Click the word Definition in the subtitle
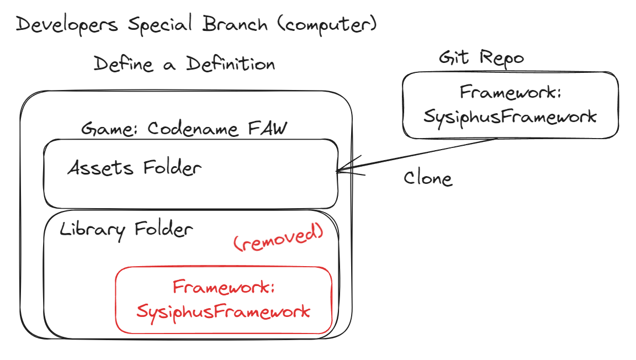click(230, 64)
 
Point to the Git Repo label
click(481, 57)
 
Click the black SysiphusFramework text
click(510, 117)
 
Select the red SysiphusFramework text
click(223, 311)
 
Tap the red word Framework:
click(224, 288)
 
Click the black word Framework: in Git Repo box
click(511, 92)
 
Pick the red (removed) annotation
click(278, 239)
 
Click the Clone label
click(428, 178)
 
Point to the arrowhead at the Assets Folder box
click(339, 171)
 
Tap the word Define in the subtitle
click(123, 64)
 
